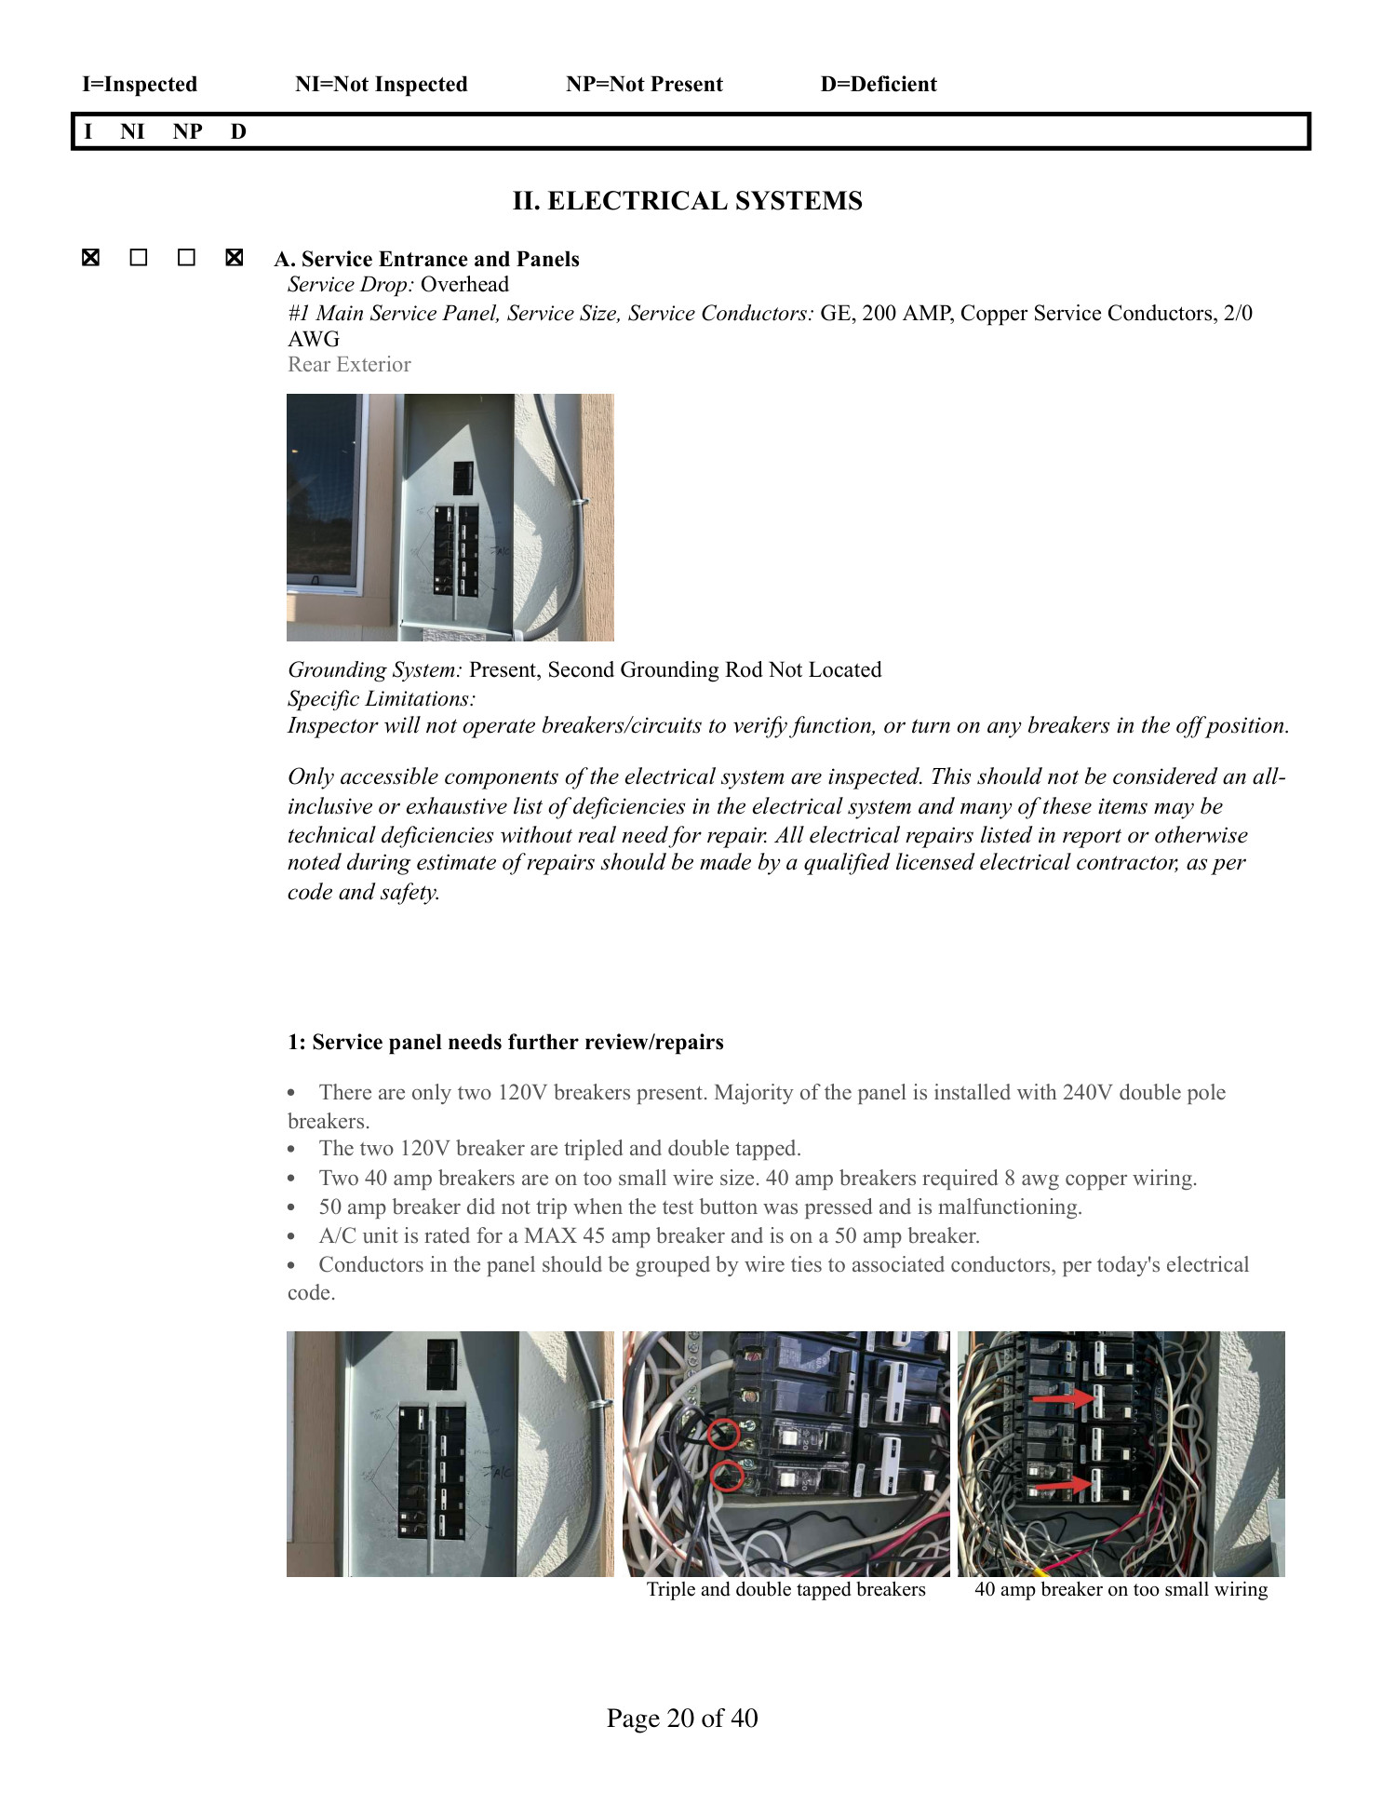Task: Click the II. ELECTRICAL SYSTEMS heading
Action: tap(687, 201)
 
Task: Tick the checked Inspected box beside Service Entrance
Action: tap(90, 258)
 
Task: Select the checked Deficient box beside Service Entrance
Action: tap(235, 258)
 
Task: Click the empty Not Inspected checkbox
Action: tap(139, 258)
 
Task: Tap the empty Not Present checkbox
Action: tap(186, 258)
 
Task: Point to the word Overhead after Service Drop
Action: tap(464, 285)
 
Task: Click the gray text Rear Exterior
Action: tap(349, 365)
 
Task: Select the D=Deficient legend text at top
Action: tap(878, 85)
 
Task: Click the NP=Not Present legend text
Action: tap(644, 85)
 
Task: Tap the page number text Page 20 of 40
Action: tap(682, 1718)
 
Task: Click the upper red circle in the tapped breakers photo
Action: tap(723, 1435)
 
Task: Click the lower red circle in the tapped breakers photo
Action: tap(727, 1476)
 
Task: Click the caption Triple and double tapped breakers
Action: tap(785, 1590)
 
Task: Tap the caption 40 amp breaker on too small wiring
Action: tap(1121, 1590)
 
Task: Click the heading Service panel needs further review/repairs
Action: tap(505, 1043)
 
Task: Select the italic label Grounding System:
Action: tap(374, 670)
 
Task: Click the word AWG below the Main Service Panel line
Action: tap(314, 339)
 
